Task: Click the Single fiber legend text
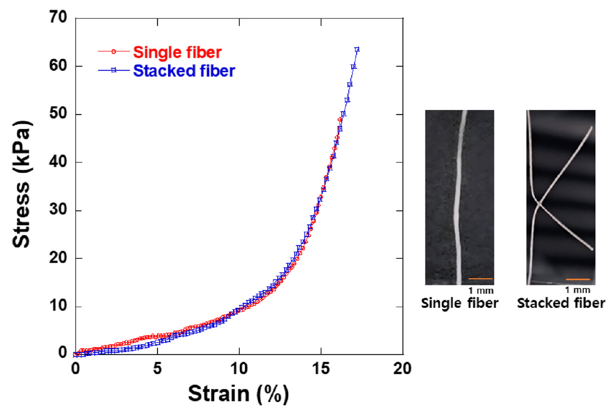[x=177, y=52]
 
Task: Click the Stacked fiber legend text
[x=184, y=70]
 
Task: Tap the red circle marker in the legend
[x=114, y=52]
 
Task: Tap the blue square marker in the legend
[x=114, y=70]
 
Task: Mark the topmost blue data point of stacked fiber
[x=357, y=50]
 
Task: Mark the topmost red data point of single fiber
[x=340, y=119]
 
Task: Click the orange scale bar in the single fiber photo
[x=480, y=278]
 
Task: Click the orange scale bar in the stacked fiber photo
[x=577, y=279]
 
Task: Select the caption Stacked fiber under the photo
[x=560, y=303]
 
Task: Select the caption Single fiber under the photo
[x=460, y=303]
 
